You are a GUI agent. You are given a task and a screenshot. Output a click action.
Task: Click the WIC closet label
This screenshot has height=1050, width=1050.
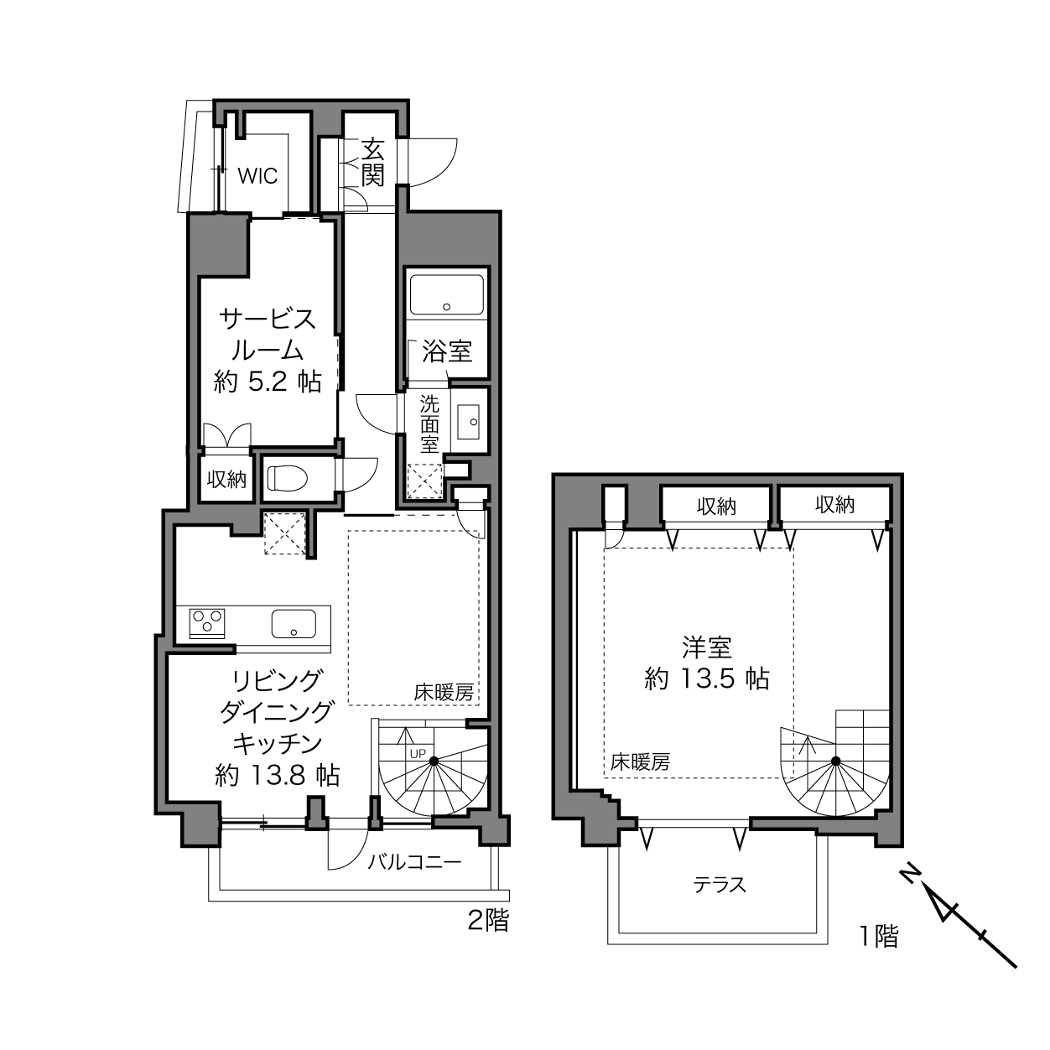click(257, 176)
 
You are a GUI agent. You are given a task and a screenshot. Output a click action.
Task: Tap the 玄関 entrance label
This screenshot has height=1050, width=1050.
click(373, 163)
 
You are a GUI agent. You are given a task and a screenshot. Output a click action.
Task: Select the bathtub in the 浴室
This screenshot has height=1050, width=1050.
click(447, 294)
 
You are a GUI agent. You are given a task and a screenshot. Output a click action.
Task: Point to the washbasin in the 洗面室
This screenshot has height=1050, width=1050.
click(468, 422)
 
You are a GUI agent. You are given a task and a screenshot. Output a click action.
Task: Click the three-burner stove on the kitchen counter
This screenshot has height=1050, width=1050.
click(207, 623)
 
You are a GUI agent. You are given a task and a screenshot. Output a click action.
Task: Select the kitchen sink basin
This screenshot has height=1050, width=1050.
click(294, 623)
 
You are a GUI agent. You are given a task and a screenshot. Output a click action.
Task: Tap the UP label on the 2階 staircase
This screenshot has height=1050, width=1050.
click(418, 754)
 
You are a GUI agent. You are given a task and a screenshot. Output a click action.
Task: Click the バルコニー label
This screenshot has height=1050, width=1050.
click(414, 862)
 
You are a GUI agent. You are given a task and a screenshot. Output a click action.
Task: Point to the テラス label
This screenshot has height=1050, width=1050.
click(720, 885)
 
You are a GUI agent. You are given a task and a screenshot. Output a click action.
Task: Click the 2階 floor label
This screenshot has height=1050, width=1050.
click(488, 920)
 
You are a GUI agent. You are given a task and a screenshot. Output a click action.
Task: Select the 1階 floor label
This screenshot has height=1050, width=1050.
click(878, 937)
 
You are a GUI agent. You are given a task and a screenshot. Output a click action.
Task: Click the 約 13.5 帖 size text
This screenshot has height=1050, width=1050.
click(707, 679)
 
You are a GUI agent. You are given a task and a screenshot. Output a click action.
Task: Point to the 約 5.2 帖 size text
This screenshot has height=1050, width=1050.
click(268, 382)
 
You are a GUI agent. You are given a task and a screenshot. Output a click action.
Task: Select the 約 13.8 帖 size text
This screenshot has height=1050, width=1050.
click(278, 774)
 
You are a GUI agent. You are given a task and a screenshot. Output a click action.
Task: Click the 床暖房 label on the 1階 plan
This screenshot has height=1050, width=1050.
click(640, 762)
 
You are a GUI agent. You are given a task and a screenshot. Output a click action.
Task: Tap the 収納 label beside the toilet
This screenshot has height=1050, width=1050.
click(226, 479)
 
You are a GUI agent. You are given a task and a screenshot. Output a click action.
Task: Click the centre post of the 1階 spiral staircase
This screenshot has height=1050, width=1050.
click(836, 761)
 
